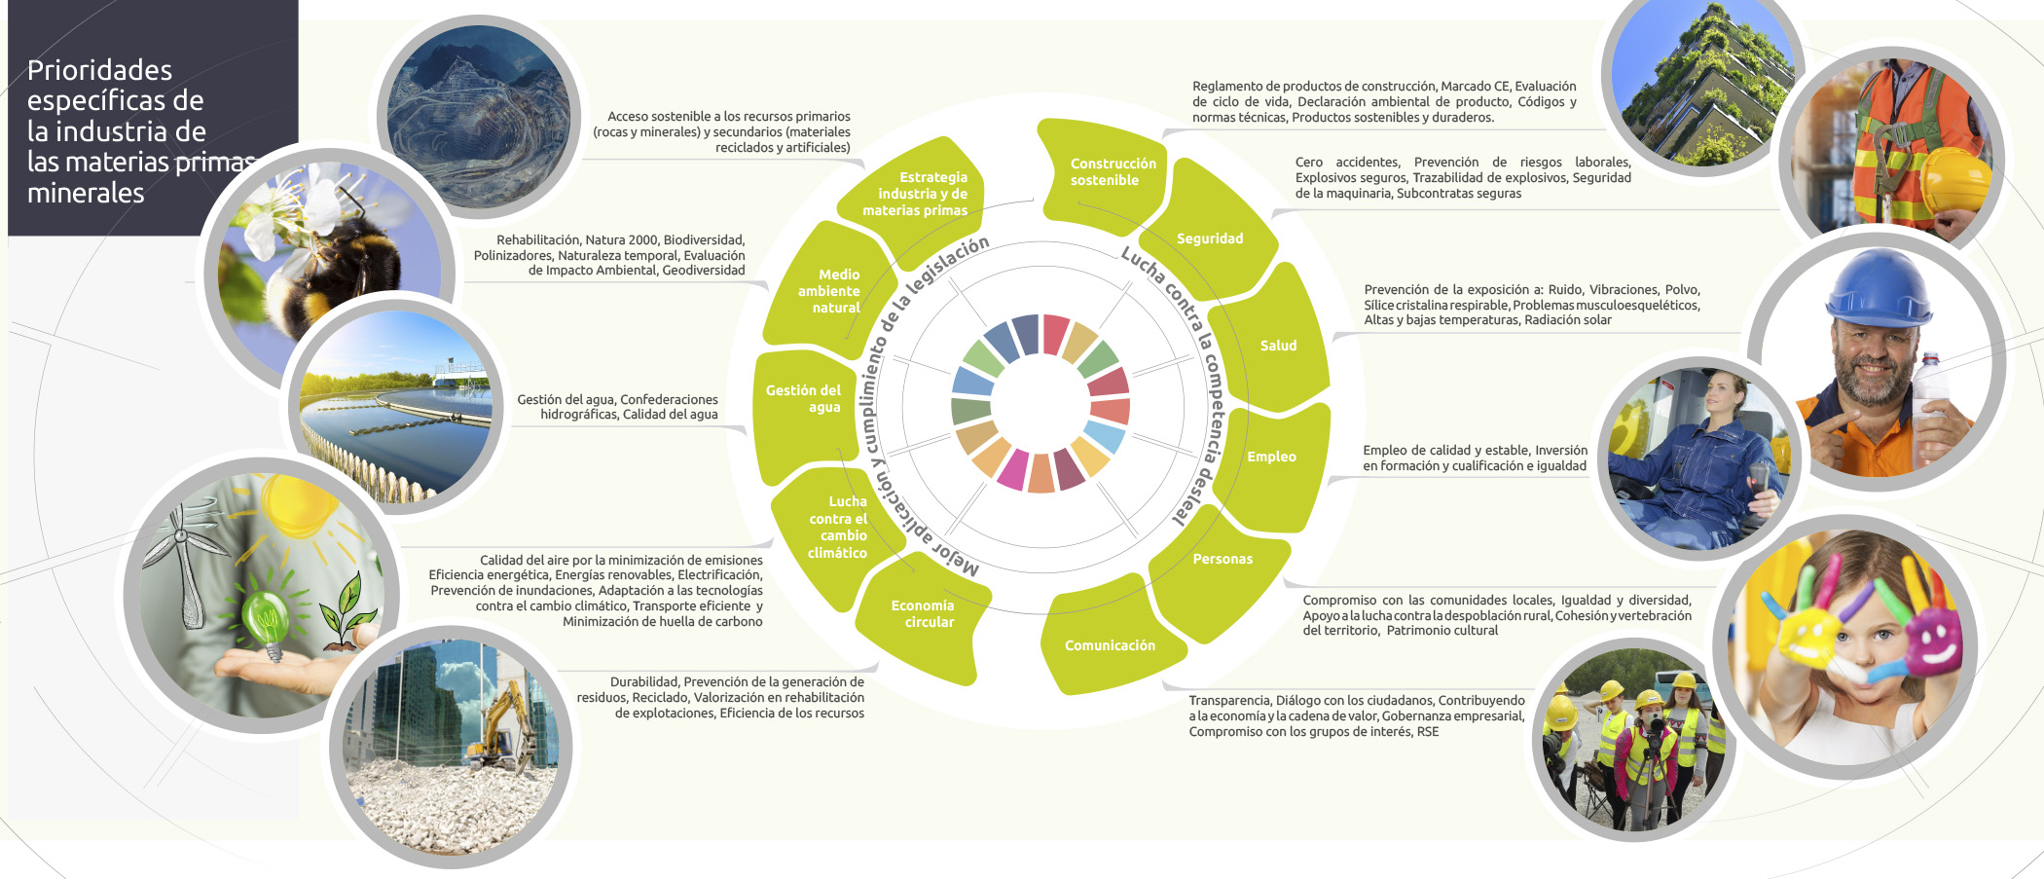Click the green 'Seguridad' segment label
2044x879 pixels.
[1210, 238]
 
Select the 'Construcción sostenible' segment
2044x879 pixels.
[1113, 172]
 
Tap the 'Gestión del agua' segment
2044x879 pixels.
[804, 398]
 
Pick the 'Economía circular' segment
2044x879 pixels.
[923, 613]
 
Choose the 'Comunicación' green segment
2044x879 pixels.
[1110, 645]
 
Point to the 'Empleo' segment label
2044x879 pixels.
[1271, 457]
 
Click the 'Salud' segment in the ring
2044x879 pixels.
[1278, 346]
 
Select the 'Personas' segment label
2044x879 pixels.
[1223, 559]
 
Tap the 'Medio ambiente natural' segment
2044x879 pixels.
[829, 291]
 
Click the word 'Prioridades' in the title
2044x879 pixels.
[99, 70]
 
